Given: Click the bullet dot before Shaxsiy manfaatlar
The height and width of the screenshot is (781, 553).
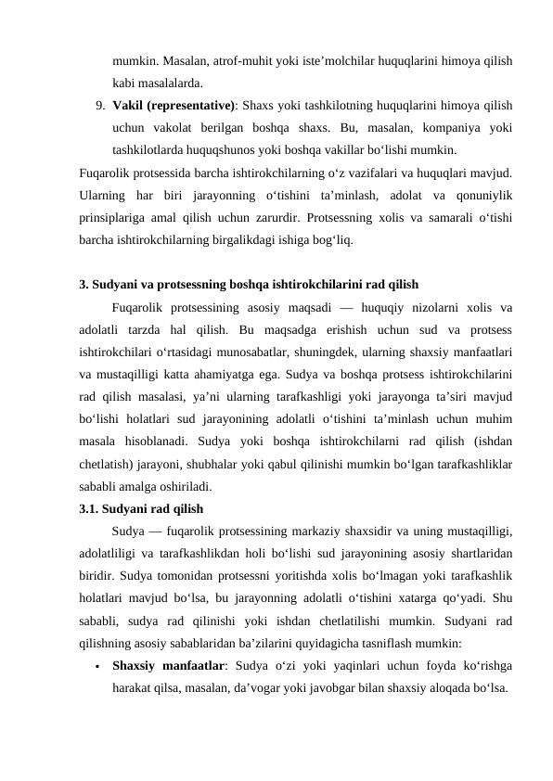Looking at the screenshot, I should pos(96,665).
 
